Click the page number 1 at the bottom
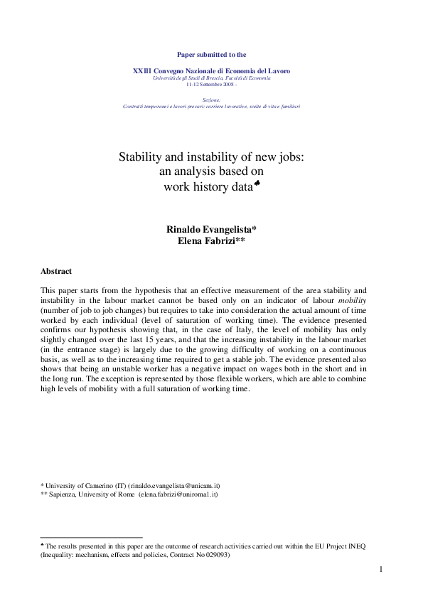tap(381, 568)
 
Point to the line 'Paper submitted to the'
tap(211, 54)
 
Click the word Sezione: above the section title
tap(211, 100)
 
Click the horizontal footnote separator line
tap(92, 537)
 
